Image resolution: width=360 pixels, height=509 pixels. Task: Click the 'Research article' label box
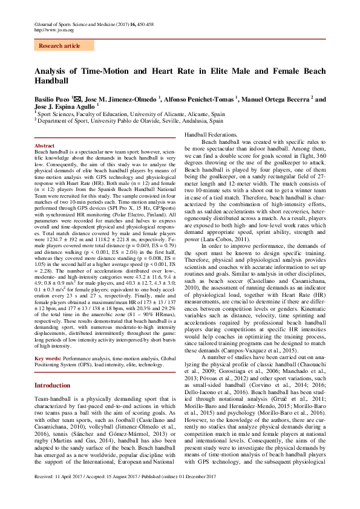59,45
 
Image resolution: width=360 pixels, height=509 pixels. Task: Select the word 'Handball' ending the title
51,81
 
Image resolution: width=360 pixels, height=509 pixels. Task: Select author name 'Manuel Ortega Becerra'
276,99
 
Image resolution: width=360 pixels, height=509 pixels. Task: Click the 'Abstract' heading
44,146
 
